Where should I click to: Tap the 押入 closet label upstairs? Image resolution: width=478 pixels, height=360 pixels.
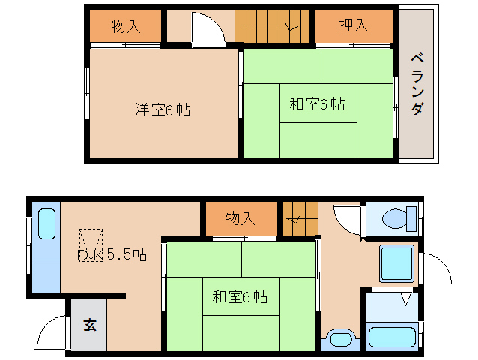pyautogui.click(x=353, y=25)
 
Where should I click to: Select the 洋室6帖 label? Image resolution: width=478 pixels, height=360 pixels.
pyautogui.click(x=163, y=110)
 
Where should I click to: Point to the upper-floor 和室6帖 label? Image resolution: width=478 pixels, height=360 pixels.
pyautogui.click(x=317, y=104)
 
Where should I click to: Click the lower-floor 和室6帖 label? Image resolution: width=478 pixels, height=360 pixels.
pyautogui.click(x=240, y=296)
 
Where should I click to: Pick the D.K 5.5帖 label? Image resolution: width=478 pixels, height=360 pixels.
pyautogui.click(x=112, y=254)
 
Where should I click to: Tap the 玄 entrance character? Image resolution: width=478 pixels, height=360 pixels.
pyautogui.click(x=90, y=325)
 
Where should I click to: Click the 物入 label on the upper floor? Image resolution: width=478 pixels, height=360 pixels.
pyautogui.click(x=125, y=25)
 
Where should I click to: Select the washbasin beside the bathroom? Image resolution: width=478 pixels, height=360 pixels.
pyautogui.click(x=339, y=337)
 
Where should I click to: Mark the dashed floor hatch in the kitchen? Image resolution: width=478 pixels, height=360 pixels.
pyautogui.click(x=91, y=243)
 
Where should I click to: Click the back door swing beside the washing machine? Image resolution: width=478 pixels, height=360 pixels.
pyautogui.click(x=435, y=268)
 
